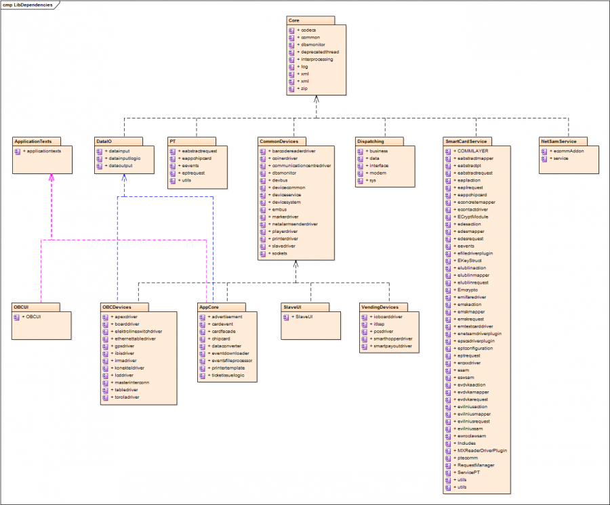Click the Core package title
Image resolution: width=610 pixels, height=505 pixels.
tap(294, 21)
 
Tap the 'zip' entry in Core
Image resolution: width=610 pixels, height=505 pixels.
tap(305, 88)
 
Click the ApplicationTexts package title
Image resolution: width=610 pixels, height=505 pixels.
tap(33, 141)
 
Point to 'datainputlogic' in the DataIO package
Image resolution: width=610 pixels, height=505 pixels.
tap(125, 158)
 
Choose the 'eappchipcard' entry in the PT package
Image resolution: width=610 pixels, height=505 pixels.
tap(197, 158)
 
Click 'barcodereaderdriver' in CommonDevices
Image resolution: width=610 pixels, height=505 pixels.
tap(302, 150)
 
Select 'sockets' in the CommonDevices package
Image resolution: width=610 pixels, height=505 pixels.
tap(279, 252)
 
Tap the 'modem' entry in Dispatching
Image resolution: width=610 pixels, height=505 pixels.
tap(378, 173)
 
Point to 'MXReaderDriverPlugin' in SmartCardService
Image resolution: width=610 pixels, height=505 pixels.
tap(482, 450)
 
